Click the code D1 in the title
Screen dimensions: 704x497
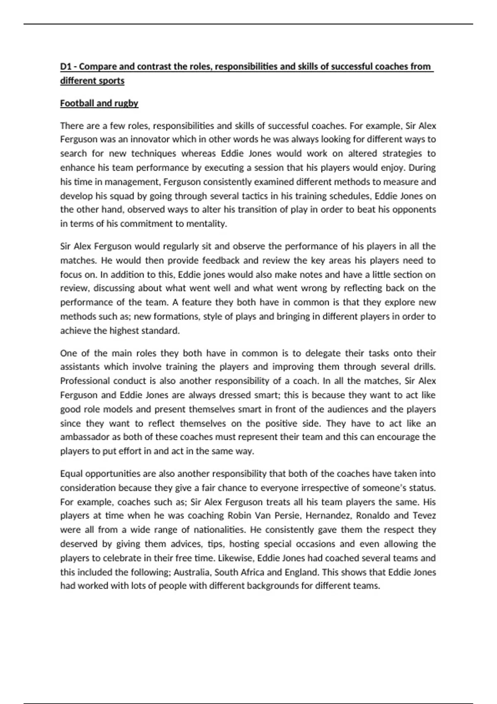(66, 67)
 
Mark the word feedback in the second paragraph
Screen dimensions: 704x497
(221, 260)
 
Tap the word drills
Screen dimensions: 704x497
(425, 367)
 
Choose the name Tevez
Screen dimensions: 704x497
(424, 516)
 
